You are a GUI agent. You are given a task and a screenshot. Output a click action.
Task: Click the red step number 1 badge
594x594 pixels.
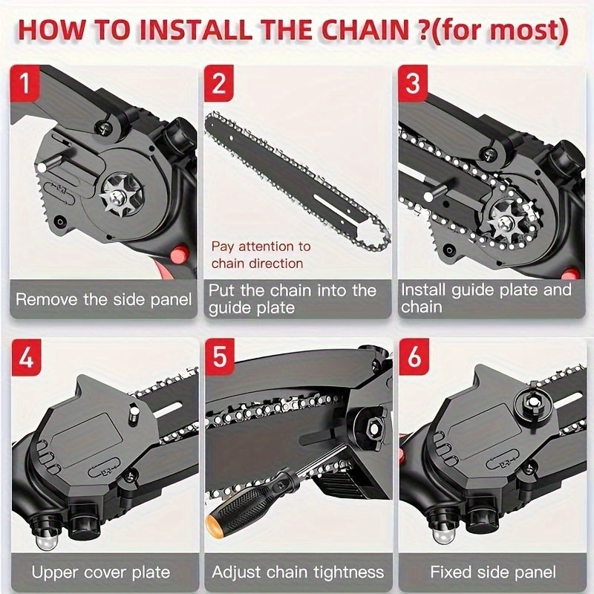click(x=26, y=83)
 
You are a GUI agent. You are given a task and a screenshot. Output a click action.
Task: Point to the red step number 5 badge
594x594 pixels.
click(x=219, y=358)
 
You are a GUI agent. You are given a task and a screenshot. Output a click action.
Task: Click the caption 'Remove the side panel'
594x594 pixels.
click(x=103, y=300)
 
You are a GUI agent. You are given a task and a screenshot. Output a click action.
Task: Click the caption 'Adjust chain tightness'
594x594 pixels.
click(x=297, y=572)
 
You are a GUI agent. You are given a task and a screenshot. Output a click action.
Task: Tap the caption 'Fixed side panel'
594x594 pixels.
click(x=492, y=572)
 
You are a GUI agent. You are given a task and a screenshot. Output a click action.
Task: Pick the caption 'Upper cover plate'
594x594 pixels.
click(x=101, y=572)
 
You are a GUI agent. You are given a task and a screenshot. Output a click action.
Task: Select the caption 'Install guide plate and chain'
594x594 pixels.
click(x=486, y=297)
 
